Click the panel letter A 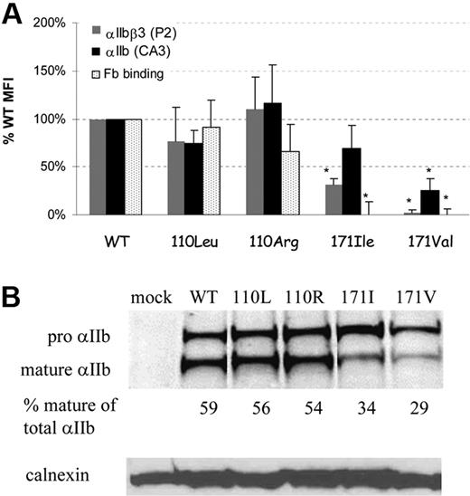click(x=14, y=14)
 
